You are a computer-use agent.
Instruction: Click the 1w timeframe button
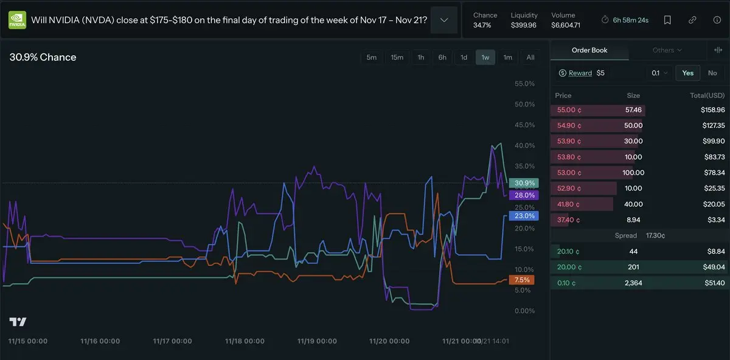[485, 57]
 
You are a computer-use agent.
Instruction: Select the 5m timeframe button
[371, 57]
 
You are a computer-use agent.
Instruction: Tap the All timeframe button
[530, 57]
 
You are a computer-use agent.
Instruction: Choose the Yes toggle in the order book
[687, 73]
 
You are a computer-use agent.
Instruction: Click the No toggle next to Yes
[712, 73]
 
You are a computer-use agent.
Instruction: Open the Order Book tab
[589, 50]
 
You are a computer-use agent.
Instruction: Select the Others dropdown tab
[667, 50]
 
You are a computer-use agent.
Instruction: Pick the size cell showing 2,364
[633, 283]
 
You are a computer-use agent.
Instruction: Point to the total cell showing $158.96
[712, 110]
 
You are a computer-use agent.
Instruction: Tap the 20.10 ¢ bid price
[568, 251]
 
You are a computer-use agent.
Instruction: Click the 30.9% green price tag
[524, 183]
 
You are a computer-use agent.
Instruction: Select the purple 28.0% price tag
[524, 195]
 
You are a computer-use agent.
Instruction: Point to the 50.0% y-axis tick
[524, 105]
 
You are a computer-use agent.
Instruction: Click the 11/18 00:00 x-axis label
[245, 341]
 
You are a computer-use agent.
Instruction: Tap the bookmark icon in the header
[667, 20]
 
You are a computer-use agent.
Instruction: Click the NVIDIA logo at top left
[17, 20]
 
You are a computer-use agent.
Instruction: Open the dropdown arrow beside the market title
[444, 20]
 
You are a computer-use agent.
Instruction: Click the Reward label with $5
[580, 73]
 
